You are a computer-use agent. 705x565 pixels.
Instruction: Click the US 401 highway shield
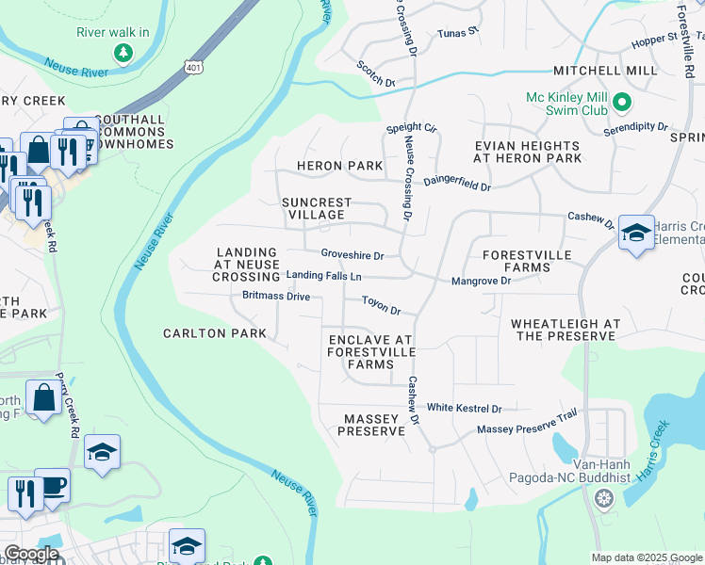pyautogui.click(x=193, y=67)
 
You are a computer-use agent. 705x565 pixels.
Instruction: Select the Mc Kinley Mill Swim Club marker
pyautogui.click(x=621, y=102)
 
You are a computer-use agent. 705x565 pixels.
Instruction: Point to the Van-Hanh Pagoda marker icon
pyautogui.click(x=601, y=496)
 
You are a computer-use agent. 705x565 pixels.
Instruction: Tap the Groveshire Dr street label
pyautogui.click(x=352, y=255)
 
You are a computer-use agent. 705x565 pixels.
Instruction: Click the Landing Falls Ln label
pyautogui.click(x=324, y=276)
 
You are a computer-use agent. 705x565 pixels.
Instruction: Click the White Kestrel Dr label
pyautogui.click(x=464, y=409)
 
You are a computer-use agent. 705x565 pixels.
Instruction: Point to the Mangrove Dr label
pyautogui.click(x=481, y=281)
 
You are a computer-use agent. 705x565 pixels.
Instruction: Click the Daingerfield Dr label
pyautogui.click(x=457, y=182)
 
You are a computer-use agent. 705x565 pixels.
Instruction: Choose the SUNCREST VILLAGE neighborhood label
pyautogui.click(x=317, y=208)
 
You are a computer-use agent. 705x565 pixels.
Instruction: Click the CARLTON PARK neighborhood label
pyautogui.click(x=215, y=333)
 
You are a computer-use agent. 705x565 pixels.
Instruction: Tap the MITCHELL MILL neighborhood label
pyautogui.click(x=605, y=71)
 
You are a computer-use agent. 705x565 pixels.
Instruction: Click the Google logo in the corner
pyautogui.click(x=31, y=554)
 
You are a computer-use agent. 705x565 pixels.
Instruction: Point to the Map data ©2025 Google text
pyautogui.click(x=646, y=557)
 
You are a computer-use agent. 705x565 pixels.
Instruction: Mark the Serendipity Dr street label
pyautogui.click(x=635, y=126)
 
